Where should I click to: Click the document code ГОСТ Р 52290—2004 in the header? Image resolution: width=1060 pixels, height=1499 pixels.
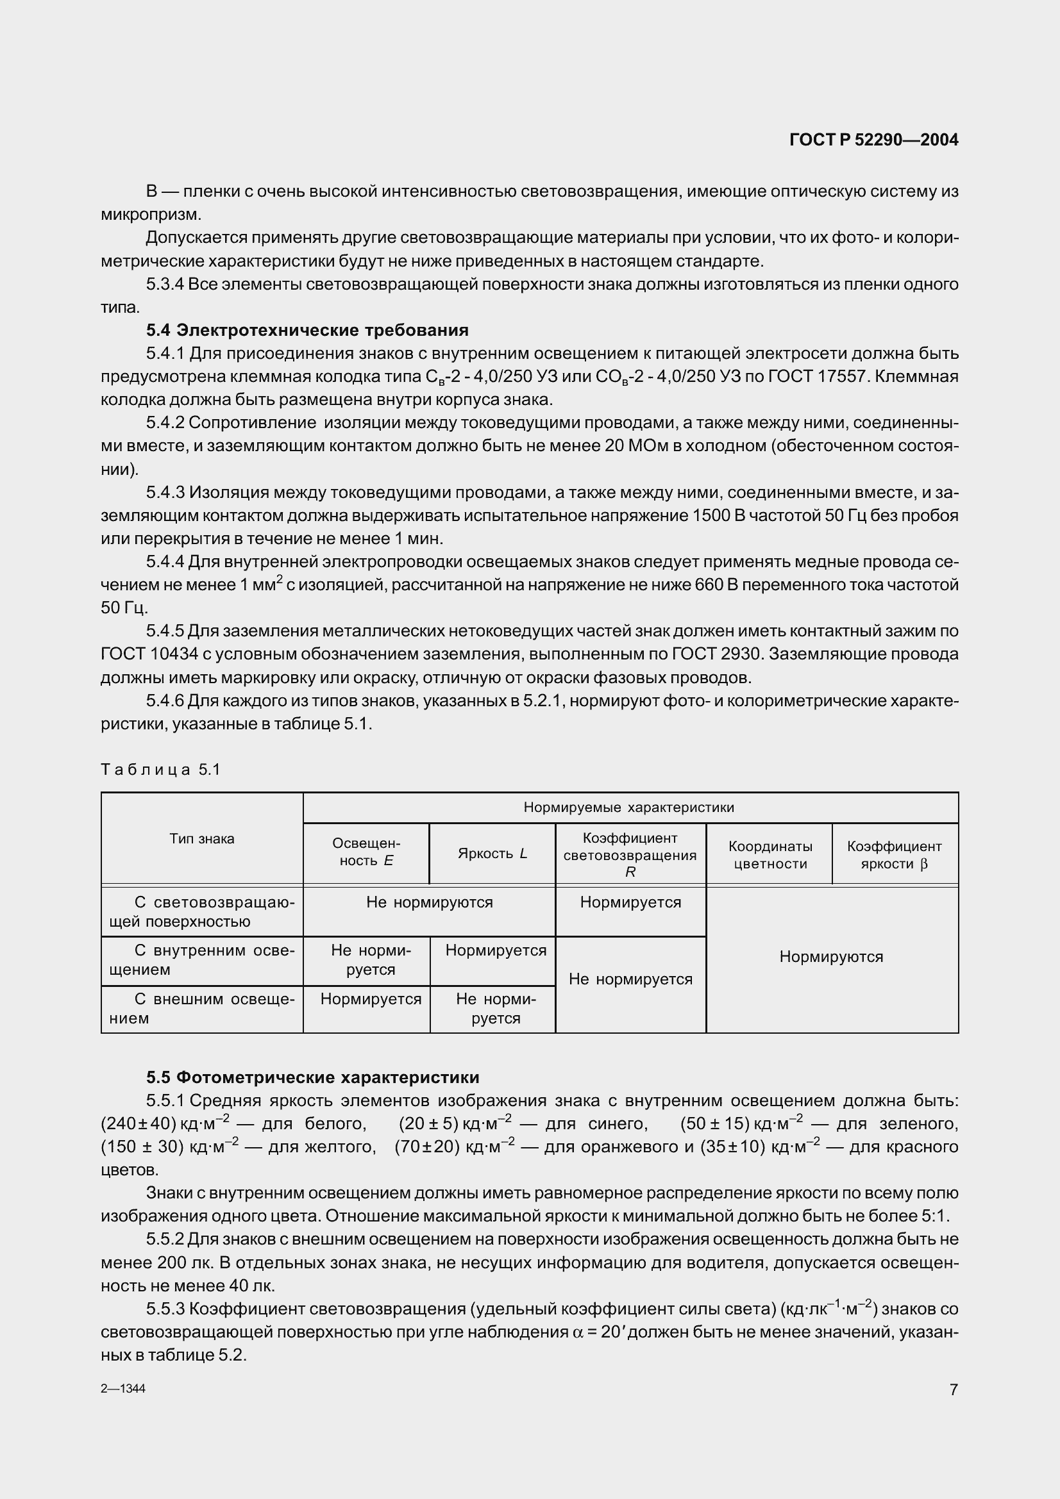tap(873, 140)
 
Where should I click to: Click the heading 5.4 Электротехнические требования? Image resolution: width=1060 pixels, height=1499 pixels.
tap(307, 329)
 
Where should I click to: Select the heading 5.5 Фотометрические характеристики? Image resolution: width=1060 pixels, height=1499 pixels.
tap(312, 1077)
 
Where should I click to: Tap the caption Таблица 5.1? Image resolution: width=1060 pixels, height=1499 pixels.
tap(161, 770)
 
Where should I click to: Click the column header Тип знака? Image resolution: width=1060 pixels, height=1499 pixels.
tap(202, 839)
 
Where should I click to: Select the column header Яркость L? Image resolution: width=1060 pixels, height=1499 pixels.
tap(492, 853)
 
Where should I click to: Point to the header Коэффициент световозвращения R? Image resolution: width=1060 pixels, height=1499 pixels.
tap(630, 854)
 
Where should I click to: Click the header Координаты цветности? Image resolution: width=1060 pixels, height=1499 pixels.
tap(770, 855)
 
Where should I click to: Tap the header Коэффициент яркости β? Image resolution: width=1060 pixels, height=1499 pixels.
tap(894, 855)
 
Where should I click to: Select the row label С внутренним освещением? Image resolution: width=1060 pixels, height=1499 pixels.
tap(202, 960)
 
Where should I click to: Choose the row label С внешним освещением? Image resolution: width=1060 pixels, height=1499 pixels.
tap(202, 1009)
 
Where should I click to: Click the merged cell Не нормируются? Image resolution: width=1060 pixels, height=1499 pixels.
tap(429, 902)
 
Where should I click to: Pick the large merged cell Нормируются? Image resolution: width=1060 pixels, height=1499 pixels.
tap(831, 957)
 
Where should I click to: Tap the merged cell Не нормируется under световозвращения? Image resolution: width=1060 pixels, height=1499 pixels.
tap(630, 979)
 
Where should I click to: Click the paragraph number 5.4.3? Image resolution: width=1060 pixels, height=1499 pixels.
tap(166, 492)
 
